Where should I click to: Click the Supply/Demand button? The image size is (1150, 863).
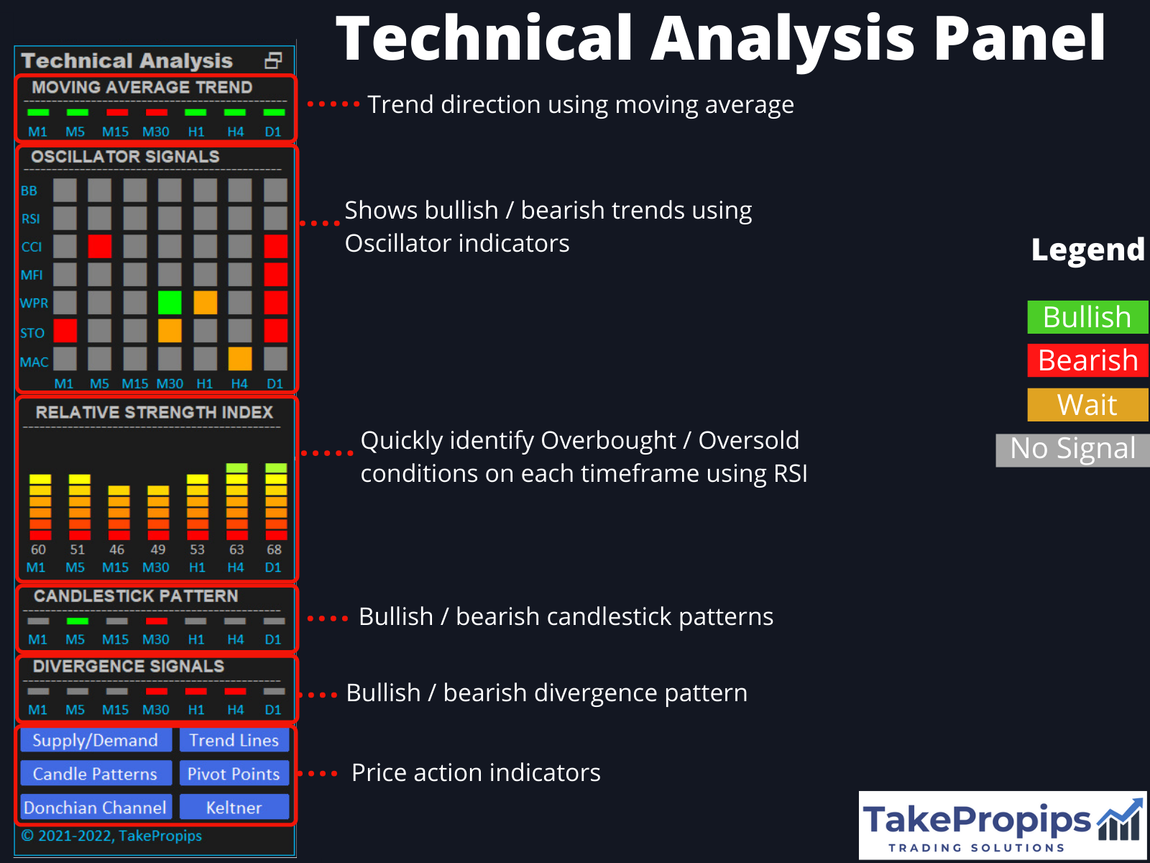point(96,740)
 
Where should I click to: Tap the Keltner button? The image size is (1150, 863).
point(234,807)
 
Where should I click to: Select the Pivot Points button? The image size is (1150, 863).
point(234,774)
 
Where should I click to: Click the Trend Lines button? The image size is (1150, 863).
point(234,740)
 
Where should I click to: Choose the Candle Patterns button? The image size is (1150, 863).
point(96,774)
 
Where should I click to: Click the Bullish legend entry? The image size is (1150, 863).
point(1087,317)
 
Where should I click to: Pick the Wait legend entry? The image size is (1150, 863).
point(1087,405)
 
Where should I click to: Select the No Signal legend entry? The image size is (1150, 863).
point(1072,449)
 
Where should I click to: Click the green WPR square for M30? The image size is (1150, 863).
point(170,303)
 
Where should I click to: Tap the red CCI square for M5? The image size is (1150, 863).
point(100,247)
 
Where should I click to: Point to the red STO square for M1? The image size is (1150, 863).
point(65,331)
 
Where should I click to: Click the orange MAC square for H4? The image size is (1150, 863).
point(240,359)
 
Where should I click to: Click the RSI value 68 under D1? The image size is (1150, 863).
point(275,549)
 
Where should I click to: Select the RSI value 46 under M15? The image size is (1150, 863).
point(117,549)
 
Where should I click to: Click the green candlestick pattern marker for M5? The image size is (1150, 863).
point(77,621)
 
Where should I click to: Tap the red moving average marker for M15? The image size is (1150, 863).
point(116,113)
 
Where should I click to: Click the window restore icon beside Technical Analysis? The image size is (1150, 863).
point(273,60)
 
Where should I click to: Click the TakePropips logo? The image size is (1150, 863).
point(1002,825)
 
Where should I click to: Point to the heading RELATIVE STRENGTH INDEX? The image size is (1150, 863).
point(155,412)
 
